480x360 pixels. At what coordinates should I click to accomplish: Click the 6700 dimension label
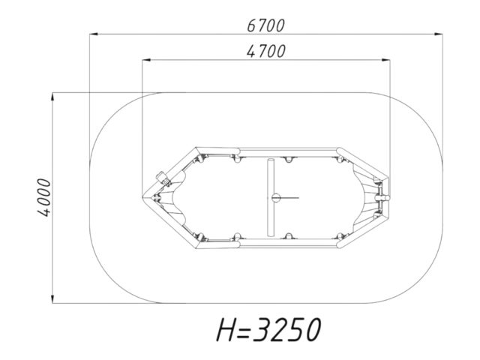pos(265,25)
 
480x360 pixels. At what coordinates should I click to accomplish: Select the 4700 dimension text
pos(266,52)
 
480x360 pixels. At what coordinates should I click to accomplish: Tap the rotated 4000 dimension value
pos(43,197)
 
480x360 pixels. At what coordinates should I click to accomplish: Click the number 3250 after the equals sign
pos(287,329)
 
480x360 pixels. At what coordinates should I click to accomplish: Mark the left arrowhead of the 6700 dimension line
pos(93,34)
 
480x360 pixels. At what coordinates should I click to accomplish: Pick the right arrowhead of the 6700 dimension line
pos(438,34)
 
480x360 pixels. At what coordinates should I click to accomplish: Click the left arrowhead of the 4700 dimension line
pos(146,60)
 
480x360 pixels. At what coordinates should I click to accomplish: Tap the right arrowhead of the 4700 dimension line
pos(386,60)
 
